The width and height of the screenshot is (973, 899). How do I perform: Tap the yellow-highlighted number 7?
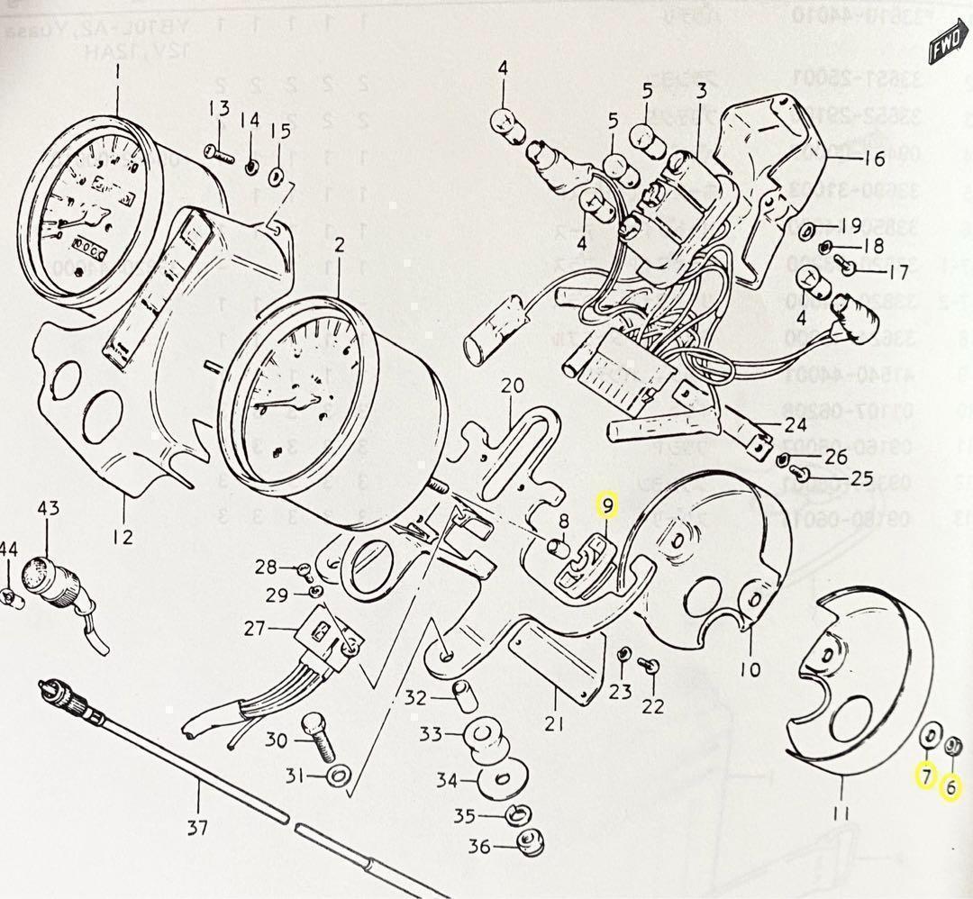click(x=924, y=775)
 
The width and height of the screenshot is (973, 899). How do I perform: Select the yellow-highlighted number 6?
click(x=950, y=788)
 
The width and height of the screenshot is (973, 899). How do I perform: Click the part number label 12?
click(x=123, y=537)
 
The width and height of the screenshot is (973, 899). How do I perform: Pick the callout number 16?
click(x=875, y=159)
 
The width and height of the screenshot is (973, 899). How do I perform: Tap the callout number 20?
click(x=513, y=386)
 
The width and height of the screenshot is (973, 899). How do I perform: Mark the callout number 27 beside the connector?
click(x=255, y=628)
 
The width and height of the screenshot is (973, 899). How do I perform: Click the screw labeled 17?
click(x=847, y=264)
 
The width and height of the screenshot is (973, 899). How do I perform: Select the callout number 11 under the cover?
click(x=841, y=815)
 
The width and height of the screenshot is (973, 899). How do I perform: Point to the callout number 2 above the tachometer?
click(x=340, y=245)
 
